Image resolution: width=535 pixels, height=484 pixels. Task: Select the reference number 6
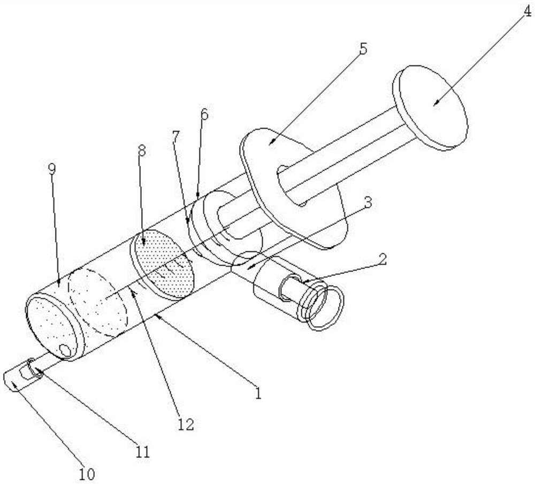pyautogui.click(x=204, y=114)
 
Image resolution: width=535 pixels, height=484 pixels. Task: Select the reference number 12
pyautogui.click(x=186, y=425)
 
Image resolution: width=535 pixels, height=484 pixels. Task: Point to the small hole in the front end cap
pyautogui.click(x=66, y=351)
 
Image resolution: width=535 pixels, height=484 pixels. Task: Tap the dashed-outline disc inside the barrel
pyautogui.click(x=100, y=302)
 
